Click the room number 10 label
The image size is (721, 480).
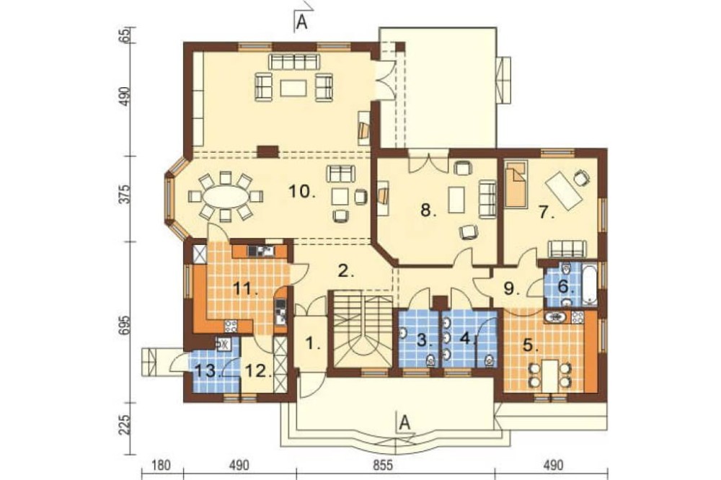(302, 191)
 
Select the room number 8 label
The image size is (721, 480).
(428, 211)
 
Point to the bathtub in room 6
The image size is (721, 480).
(589, 284)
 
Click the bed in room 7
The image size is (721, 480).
(516, 185)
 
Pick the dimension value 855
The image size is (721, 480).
(383, 466)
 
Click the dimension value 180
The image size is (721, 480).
(162, 466)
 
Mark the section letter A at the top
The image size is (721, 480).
(301, 22)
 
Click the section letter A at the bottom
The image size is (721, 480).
(404, 422)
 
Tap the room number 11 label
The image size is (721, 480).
(245, 290)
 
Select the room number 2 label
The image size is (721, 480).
(346, 271)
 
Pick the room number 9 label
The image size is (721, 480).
(510, 289)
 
